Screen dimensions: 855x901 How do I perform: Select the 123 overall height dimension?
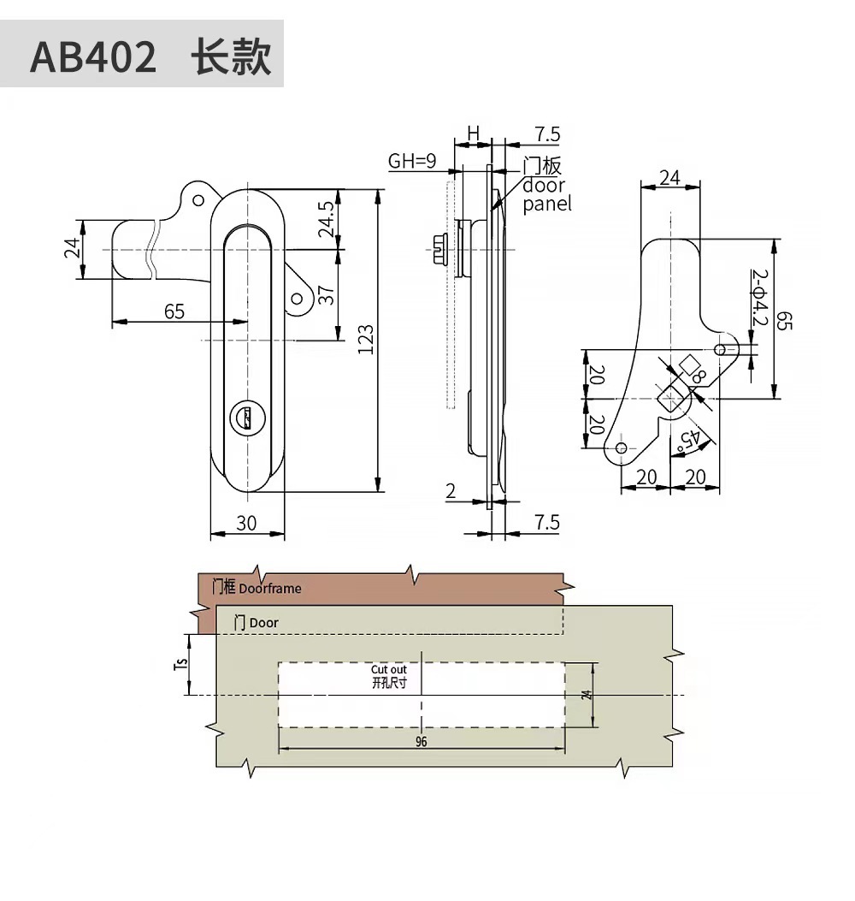pos(365,341)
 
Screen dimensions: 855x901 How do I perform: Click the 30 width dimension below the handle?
pos(246,523)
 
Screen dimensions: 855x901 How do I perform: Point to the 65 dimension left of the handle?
pos(174,311)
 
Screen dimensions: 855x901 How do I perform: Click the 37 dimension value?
pos(325,295)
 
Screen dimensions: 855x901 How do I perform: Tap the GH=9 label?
pos(412,160)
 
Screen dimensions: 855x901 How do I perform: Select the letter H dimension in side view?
pos(473,133)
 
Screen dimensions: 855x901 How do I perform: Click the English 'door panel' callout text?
pos(545,194)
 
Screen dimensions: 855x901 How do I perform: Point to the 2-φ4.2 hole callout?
pos(759,299)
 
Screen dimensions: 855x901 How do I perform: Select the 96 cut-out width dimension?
pos(422,742)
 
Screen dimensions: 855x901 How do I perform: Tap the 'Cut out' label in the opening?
pos(389,670)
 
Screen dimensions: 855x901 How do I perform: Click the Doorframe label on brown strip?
pos(270,589)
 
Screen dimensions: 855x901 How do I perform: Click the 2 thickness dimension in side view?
pos(450,490)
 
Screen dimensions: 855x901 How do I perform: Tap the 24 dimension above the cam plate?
pos(670,177)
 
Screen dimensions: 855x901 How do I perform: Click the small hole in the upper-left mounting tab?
pos(199,199)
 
